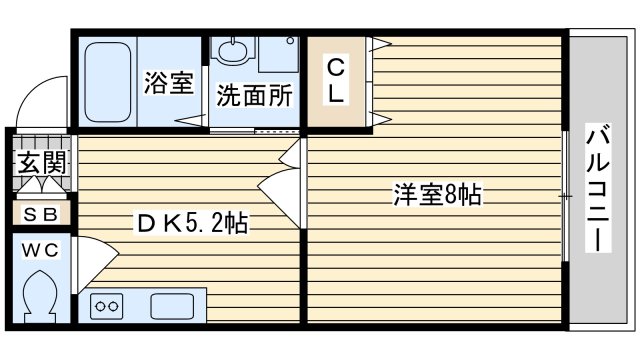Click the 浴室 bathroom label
169,83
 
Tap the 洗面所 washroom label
254,96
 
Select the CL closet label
336,81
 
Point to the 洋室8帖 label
437,195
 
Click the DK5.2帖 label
192,223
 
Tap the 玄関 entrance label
42,162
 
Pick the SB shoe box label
41,214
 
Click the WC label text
40,250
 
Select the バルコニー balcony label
598,187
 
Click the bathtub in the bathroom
108,82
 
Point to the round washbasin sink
232,51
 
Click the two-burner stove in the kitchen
107,306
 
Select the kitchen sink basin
172,306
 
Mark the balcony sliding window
565,196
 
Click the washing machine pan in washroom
278,55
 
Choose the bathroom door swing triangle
190,120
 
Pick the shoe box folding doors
41,184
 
